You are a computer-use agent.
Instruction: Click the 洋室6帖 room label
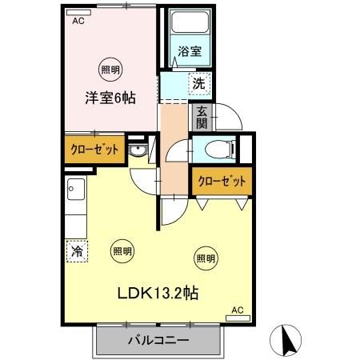(x=110, y=98)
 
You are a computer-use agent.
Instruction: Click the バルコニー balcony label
(x=158, y=341)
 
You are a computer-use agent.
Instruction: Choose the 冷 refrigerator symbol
(x=77, y=251)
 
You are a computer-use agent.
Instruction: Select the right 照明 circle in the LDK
(x=205, y=258)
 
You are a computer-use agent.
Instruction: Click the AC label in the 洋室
(x=78, y=22)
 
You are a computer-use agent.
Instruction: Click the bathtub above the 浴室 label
(x=189, y=26)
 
